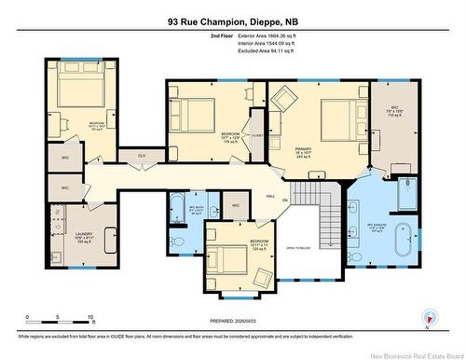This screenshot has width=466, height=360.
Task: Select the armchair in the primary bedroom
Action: (282, 98)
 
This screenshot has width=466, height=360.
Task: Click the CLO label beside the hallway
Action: (143, 155)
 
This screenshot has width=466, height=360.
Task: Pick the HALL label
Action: (270, 197)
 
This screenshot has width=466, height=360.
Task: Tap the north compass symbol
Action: (426, 319)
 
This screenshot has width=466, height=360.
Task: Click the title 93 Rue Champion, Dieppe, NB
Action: (232, 18)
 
